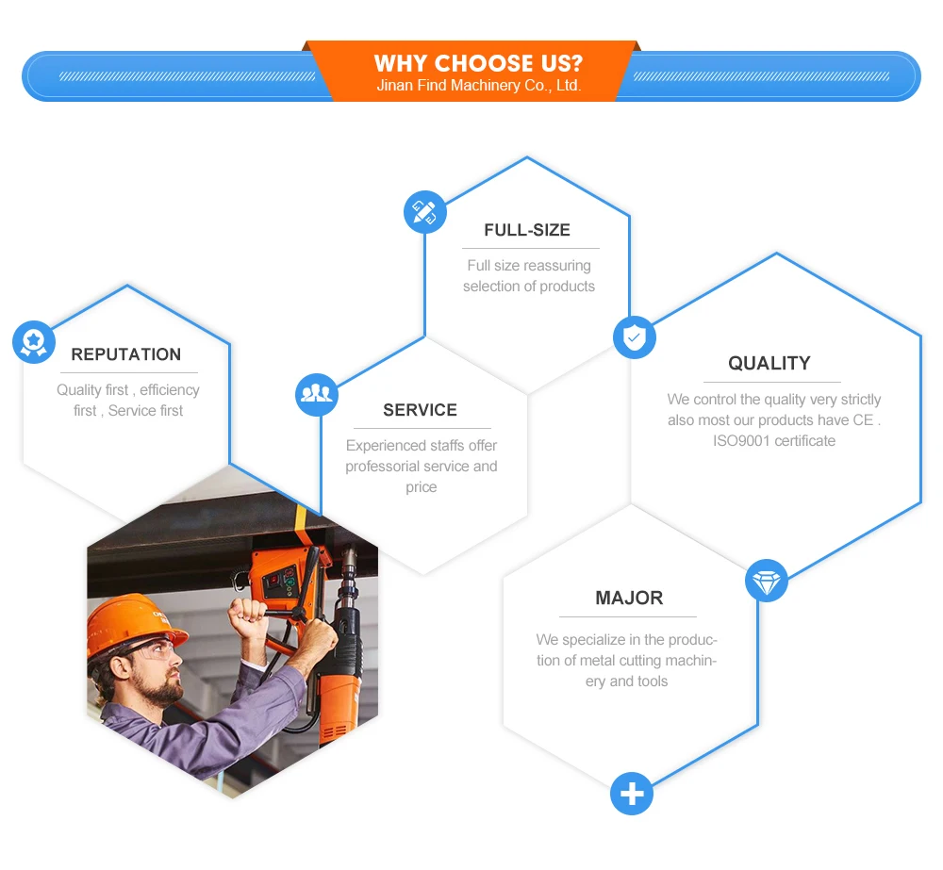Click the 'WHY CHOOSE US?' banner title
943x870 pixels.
478,64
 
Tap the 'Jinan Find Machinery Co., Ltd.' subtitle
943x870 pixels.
478,86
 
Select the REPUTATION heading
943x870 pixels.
126,354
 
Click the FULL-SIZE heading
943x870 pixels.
527,230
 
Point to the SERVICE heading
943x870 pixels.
420,410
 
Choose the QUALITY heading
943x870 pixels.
769,364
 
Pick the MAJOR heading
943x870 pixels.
629,598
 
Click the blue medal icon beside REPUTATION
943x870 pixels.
34,341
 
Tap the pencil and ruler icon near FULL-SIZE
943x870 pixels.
425,212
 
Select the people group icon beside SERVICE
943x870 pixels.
317,394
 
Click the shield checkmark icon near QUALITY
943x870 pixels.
635,337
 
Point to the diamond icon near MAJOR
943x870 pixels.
767,581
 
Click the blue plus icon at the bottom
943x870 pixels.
632,794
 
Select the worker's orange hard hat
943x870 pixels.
132,617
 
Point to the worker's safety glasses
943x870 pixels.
156,649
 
